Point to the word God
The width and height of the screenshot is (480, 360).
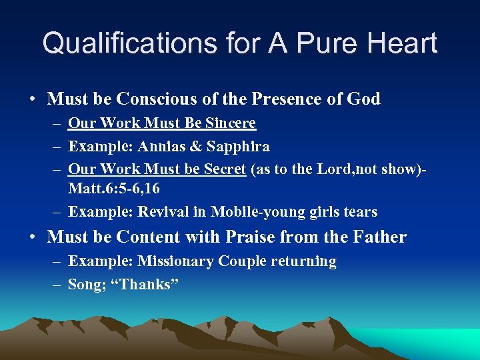tap(363, 99)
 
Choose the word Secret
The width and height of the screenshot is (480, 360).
tap(224, 169)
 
